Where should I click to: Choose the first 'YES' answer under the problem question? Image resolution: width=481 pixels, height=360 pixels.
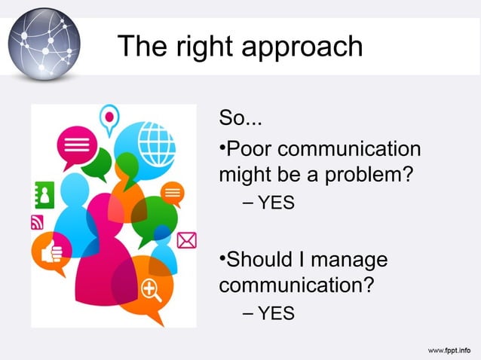(276, 203)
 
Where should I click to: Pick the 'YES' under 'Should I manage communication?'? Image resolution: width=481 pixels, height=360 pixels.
(276, 313)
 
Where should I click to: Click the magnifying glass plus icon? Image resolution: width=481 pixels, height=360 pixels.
(150, 288)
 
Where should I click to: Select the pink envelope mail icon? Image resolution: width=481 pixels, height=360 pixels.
(186, 240)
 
